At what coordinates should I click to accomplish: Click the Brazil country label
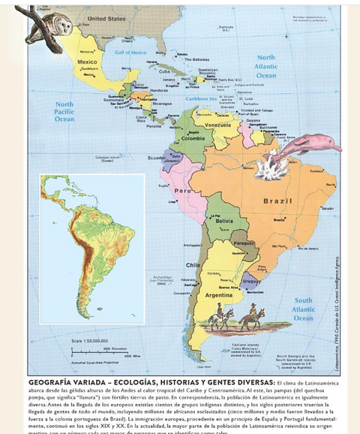277,200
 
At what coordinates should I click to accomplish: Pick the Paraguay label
244,244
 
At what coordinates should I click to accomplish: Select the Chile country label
193,265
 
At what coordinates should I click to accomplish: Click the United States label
107,17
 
